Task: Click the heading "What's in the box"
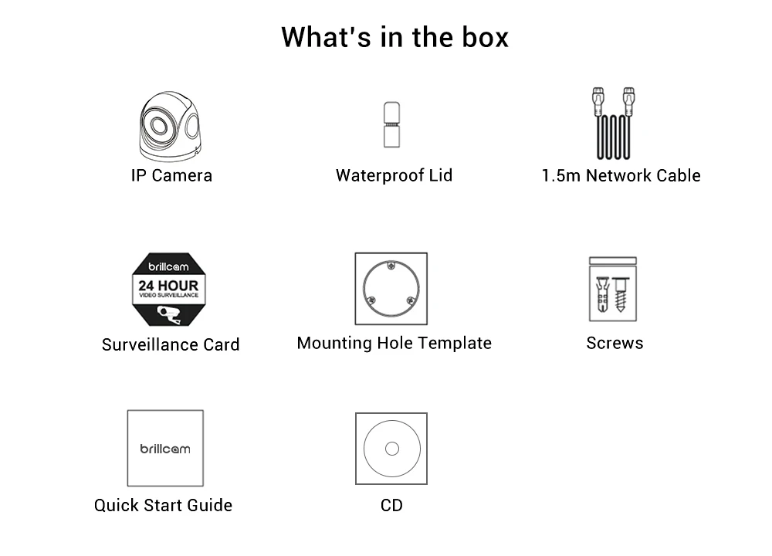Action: (x=394, y=37)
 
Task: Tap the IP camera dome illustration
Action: (x=169, y=124)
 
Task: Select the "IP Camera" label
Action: (x=171, y=175)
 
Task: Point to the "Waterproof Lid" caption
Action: (x=394, y=175)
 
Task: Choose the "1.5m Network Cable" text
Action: (x=621, y=175)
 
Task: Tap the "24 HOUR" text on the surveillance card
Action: (x=168, y=286)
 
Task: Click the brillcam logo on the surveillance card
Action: (x=168, y=266)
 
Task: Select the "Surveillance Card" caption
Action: (x=171, y=344)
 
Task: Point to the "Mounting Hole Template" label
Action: (x=394, y=343)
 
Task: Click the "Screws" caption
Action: (x=615, y=343)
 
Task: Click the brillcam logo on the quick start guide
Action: (x=164, y=449)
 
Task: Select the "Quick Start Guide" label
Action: (x=163, y=505)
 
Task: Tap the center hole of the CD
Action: (x=391, y=449)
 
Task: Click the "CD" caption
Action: (x=391, y=505)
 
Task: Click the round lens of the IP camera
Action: (x=158, y=125)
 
